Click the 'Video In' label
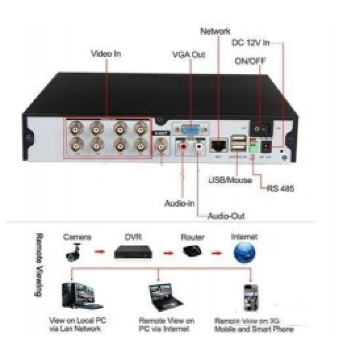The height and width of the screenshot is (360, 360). pos(106,54)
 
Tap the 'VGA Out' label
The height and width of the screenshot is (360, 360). pos(189,55)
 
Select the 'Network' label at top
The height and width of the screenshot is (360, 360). pos(215,31)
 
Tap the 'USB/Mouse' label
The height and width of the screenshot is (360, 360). pos(230,181)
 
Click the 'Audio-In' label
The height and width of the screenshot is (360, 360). pos(179,203)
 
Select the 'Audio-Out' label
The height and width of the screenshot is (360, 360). pos(226,216)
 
